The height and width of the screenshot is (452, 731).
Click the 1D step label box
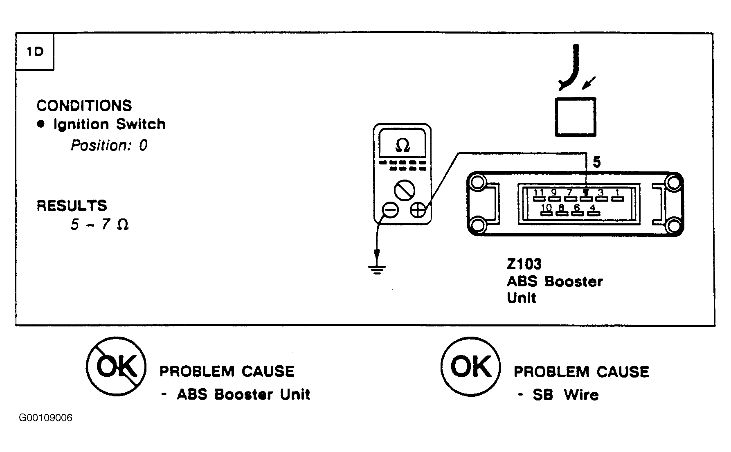[x=35, y=52]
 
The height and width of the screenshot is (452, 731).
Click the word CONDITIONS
[x=84, y=106]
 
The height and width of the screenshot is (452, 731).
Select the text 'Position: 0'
[x=109, y=145]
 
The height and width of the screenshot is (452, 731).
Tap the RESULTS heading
[x=72, y=205]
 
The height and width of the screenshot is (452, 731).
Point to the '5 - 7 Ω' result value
[x=100, y=224]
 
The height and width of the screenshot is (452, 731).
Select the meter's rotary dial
[x=405, y=190]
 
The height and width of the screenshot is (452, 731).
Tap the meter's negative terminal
[x=390, y=210]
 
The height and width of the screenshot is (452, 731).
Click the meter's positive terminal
[x=418, y=210]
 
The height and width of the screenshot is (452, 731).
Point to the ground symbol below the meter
[x=377, y=270]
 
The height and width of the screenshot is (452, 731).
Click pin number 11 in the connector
[x=539, y=192]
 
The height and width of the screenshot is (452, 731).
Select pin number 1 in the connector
[x=617, y=192]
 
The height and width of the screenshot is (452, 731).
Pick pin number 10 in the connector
[x=547, y=207]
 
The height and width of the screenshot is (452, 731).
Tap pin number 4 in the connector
[x=592, y=207]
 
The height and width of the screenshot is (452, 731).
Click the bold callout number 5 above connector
[x=597, y=162]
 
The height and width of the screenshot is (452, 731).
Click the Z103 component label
[x=524, y=264]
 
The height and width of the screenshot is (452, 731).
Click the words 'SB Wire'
[x=566, y=395]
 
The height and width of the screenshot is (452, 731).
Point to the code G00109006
[x=46, y=418]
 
